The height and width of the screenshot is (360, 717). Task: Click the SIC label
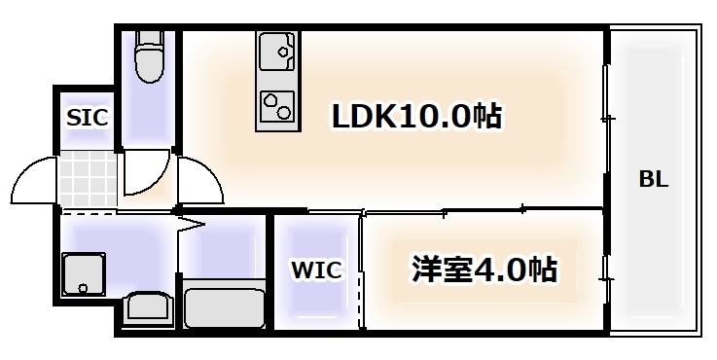87,118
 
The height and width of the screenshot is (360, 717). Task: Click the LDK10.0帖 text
417,118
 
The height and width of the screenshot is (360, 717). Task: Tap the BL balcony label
653,179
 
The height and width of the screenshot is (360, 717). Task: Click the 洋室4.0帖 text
485,268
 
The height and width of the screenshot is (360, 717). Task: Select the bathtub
224,306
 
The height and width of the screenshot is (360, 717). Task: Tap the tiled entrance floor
88,181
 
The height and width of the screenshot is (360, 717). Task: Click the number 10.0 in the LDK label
439,118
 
